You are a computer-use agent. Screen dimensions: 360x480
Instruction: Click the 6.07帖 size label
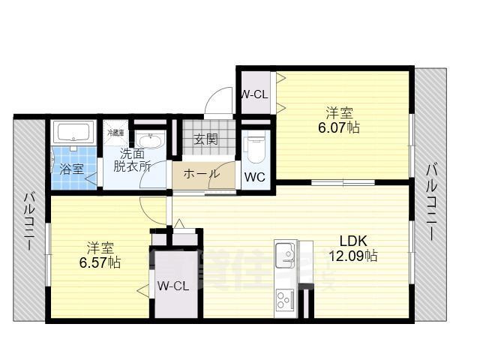click(x=342, y=127)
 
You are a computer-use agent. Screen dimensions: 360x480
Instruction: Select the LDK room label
click(x=352, y=241)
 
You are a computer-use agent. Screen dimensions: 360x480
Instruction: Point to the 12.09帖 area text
click(x=352, y=256)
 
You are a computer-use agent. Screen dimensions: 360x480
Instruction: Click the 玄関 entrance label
click(x=205, y=139)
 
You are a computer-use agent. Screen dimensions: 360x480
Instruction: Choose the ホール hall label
click(x=201, y=174)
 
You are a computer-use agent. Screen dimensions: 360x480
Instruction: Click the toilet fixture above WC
click(x=255, y=145)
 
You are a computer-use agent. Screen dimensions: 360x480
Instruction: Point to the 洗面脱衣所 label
click(x=132, y=160)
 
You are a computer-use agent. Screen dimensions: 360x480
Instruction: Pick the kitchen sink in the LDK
click(x=285, y=254)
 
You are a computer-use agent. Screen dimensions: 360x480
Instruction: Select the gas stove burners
click(x=285, y=300)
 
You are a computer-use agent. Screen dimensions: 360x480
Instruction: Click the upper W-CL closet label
click(x=254, y=94)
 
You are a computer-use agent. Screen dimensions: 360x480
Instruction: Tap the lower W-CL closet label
click(x=172, y=286)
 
